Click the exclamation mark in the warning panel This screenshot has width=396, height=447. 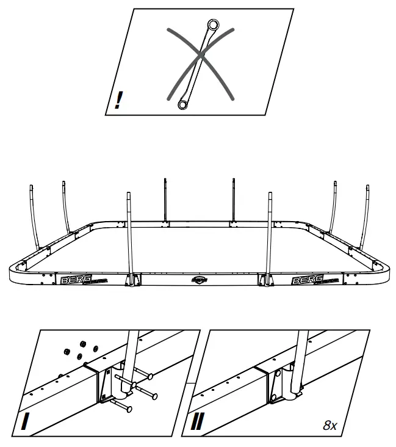118,100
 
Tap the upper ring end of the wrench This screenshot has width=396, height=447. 214,26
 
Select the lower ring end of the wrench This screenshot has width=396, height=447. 182,105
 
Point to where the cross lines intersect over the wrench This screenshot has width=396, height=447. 199,59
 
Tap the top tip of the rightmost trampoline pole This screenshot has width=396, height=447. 367,186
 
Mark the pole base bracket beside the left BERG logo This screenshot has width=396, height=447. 129,280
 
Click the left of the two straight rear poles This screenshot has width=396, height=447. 165,198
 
